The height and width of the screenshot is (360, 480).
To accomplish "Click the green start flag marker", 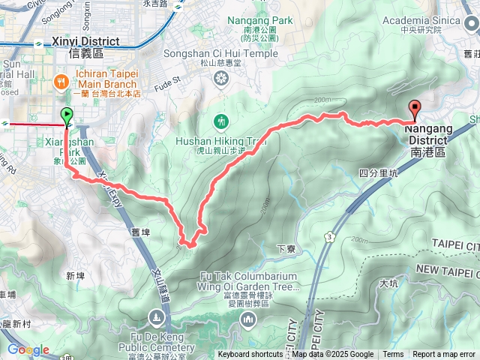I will (67, 115).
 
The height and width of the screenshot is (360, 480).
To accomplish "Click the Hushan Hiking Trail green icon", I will (220, 120).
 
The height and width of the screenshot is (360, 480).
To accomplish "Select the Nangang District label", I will (429, 139).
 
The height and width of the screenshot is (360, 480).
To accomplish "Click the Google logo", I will (28, 350).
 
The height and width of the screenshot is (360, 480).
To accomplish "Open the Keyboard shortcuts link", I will (250, 355).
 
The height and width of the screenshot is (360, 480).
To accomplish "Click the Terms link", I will (393, 355).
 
